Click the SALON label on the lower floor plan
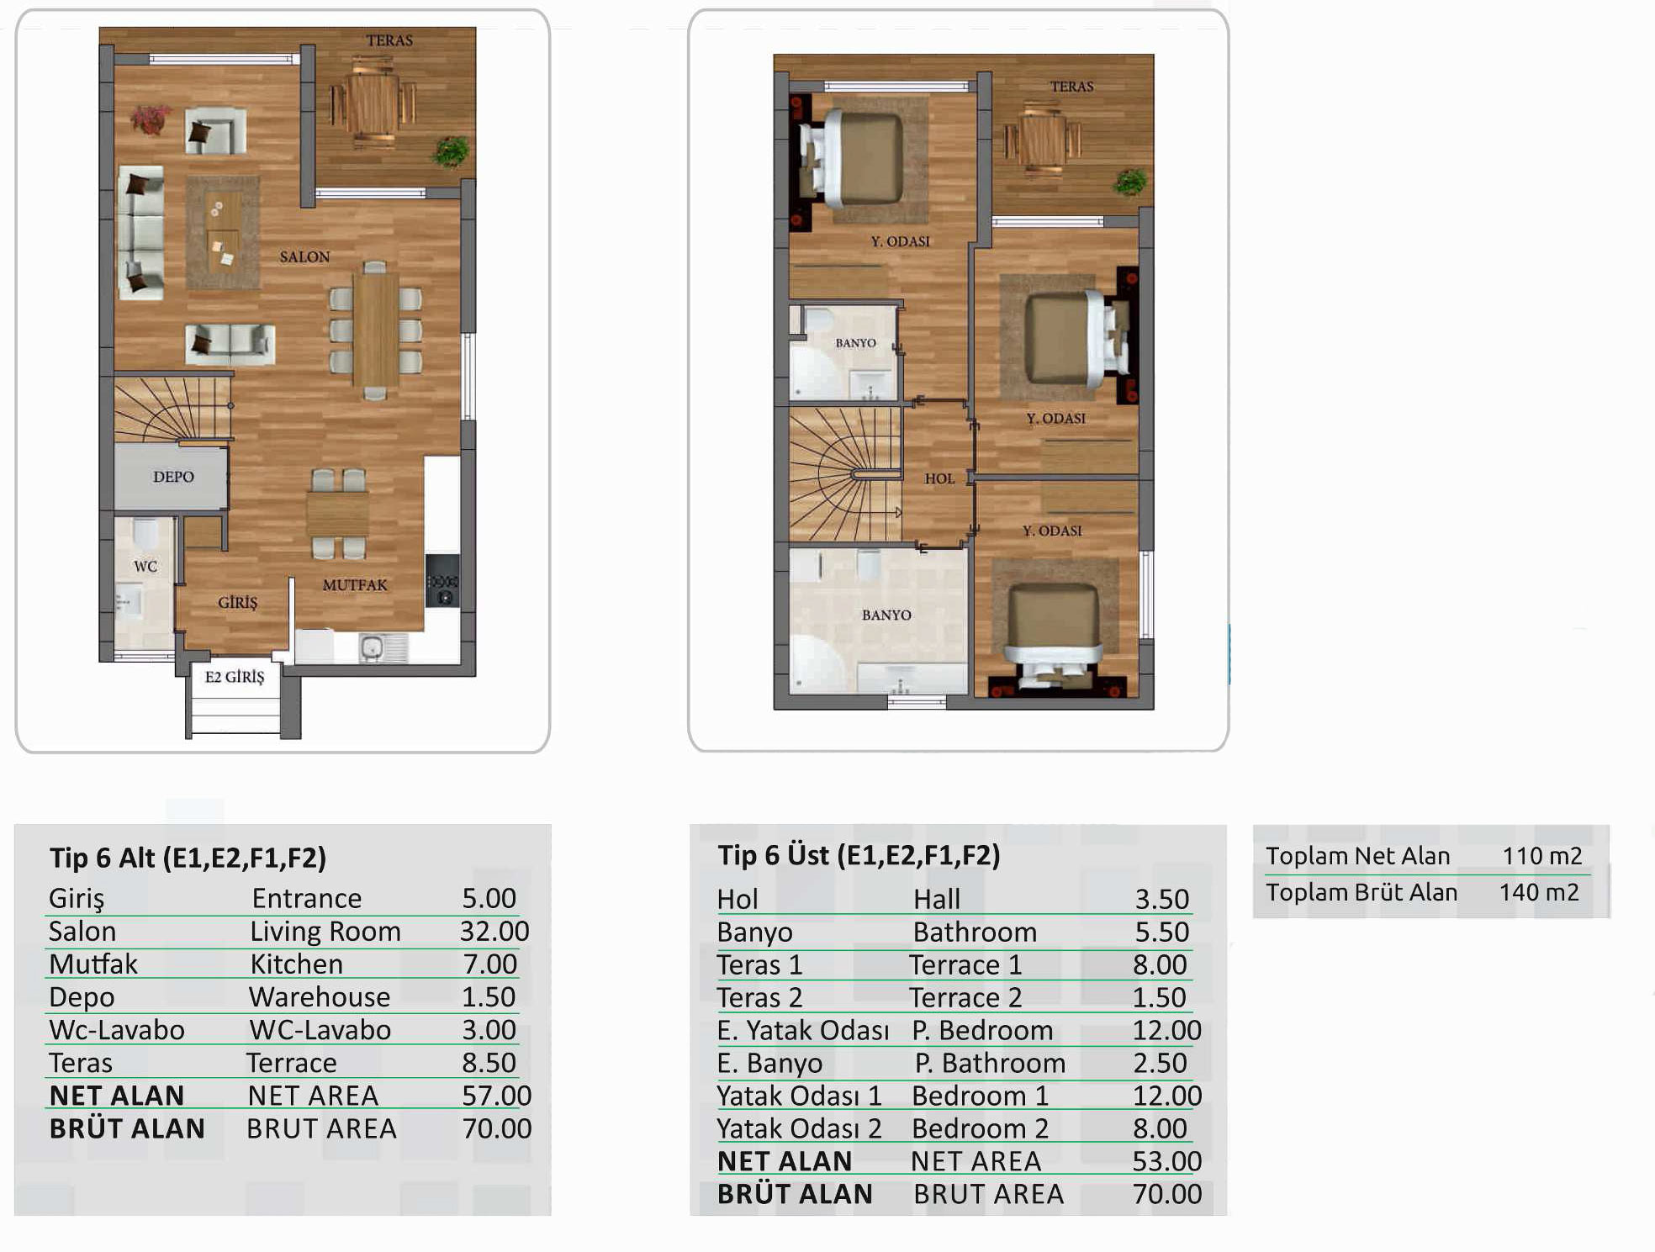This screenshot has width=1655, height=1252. tap(304, 256)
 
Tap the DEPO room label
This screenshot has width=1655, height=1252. tap(173, 477)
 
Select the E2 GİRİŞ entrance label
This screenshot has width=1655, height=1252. tap(235, 677)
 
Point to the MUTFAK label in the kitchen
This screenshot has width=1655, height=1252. tap(355, 584)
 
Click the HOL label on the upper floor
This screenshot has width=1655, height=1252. tap(939, 478)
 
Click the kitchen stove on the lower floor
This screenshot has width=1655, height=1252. tap(442, 580)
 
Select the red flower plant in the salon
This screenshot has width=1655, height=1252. tap(150, 119)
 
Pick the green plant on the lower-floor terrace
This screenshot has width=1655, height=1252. tap(452, 151)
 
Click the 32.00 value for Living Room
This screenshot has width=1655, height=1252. tap(494, 931)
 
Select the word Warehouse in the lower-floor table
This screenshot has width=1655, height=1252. tap(320, 996)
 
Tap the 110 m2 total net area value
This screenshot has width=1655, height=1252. tap(1542, 856)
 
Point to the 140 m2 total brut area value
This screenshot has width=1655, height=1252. tap(1539, 892)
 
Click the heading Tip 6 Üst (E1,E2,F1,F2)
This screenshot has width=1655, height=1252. tap(859, 855)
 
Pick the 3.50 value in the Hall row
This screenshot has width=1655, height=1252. tap(1162, 899)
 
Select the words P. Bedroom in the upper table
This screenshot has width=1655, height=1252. tap(982, 1030)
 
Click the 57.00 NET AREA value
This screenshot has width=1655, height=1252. tap(496, 1095)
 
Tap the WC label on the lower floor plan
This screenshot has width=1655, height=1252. tap(145, 566)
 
